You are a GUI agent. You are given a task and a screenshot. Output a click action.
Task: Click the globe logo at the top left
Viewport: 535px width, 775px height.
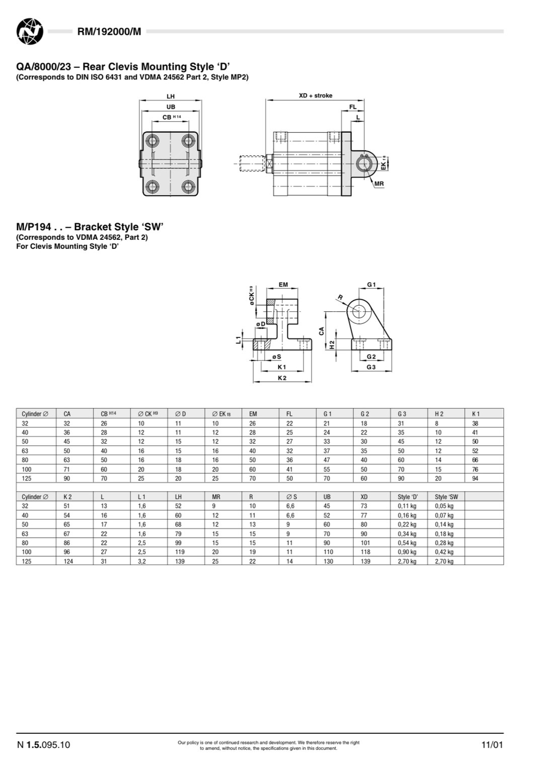[30, 32]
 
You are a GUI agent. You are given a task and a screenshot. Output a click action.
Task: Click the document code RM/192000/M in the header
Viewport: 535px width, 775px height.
[109, 32]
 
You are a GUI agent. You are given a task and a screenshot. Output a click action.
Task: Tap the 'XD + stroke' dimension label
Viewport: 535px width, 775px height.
[315, 96]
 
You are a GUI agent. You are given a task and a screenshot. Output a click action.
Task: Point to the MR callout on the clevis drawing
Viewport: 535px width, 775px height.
[379, 184]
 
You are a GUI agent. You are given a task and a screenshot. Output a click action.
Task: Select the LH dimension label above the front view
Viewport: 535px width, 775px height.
[171, 97]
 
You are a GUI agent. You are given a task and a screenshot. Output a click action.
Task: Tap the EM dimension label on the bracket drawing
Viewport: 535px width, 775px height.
[283, 284]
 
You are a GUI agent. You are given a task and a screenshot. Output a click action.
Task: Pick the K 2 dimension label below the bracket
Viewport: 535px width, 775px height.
[282, 378]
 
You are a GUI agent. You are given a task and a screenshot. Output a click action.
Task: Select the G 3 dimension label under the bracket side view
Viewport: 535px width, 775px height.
[371, 367]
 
